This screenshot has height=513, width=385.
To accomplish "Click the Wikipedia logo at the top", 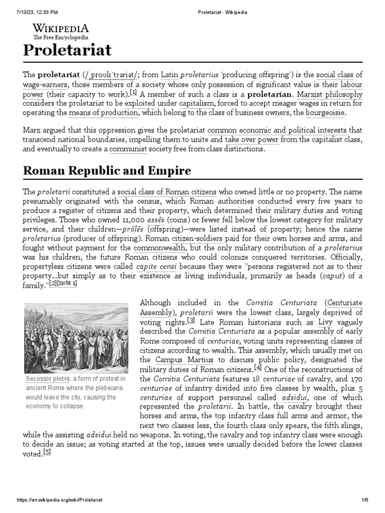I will [61, 31].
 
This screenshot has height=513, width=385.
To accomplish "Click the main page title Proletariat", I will [67, 50].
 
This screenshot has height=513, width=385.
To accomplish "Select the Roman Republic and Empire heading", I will [107, 170].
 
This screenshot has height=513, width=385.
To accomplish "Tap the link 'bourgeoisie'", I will [325, 113].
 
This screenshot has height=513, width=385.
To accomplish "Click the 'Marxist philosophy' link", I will [330, 94].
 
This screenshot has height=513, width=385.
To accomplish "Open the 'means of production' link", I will [104, 113].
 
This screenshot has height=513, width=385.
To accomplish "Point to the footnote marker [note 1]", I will [67, 284].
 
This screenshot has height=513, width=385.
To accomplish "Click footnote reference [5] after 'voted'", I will [47, 452].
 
